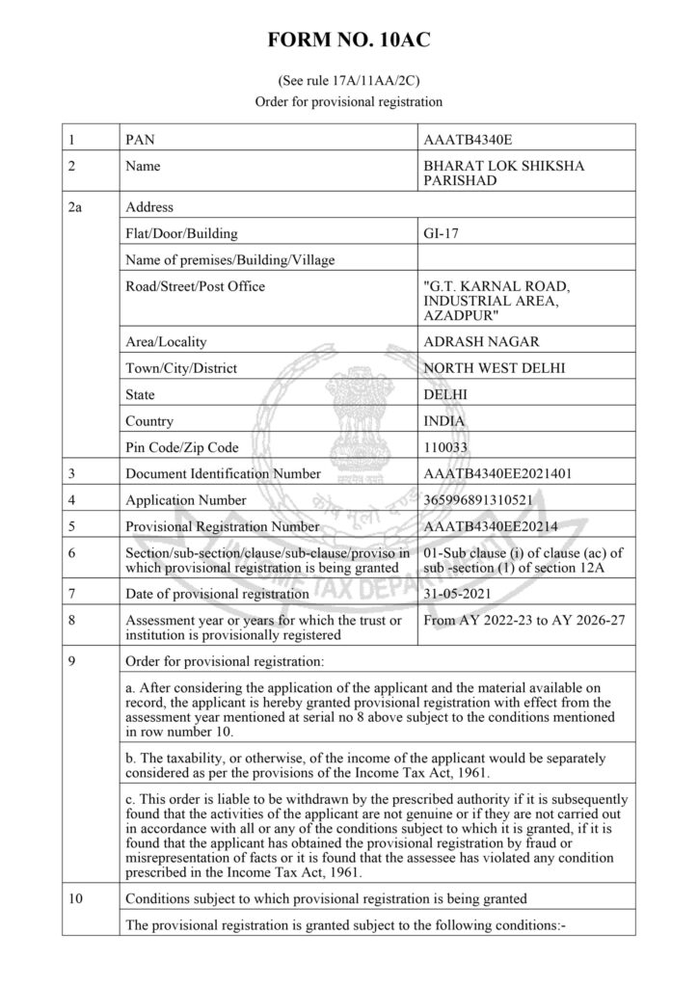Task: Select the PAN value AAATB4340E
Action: click(x=471, y=140)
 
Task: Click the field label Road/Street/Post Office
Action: click(x=196, y=286)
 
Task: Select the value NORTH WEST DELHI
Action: click(x=494, y=368)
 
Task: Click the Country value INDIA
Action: click(x=444, y=421)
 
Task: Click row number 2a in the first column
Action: click(x=77, y=206)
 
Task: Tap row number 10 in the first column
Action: click(x=77, y=899)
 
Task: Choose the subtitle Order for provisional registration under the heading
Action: click(x=348, y=101)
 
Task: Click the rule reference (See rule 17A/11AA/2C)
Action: click(x=348, y=83)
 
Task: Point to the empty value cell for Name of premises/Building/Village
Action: click(x=525, y=259)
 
